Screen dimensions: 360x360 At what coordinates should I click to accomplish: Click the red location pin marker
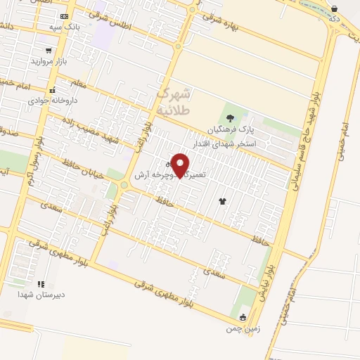point(181,165)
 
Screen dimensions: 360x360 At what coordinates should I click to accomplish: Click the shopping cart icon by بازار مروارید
point(48,51)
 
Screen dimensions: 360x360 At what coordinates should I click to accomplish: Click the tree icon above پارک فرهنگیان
point(230,118)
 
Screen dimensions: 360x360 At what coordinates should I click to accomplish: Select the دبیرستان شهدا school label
point(41,295)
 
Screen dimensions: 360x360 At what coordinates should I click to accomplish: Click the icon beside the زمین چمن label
point(243,317)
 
